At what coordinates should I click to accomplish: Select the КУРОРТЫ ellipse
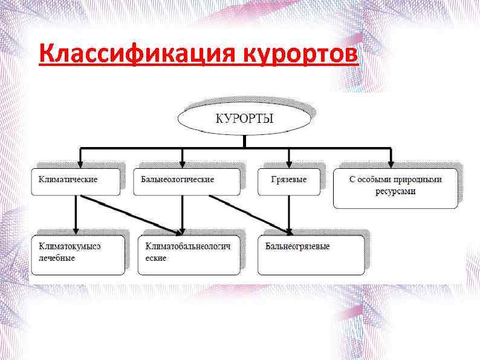click(244, 118)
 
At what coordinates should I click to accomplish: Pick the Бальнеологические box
click(186, 180)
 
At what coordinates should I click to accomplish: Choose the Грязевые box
click(288, 180)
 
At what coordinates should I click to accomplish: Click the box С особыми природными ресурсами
click(395, 187)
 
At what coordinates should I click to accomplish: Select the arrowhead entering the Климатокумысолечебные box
click(76, 230)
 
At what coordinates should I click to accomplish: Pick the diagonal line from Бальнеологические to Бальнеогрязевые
click(248, 214)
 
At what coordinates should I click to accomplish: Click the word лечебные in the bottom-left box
click(57, 258)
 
